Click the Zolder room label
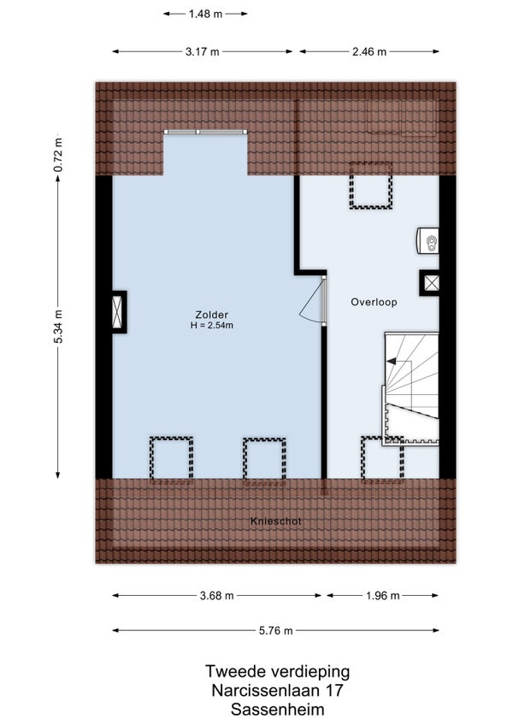point(212,315)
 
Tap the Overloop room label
point(374,302)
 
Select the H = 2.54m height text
point(212,325)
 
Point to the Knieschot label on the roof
point(275,522)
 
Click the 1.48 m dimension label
point(205,14)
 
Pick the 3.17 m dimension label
point(202,52)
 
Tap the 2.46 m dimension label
point(369,52)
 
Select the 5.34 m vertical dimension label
point(58,327)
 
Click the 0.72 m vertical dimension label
point(58,155)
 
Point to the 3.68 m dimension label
point(217,596)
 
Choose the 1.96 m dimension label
point(382,596)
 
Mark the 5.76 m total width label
point(275,631)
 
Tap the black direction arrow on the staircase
point(392,361)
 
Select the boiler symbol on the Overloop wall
point(427,240)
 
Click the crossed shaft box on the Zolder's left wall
point(119,312)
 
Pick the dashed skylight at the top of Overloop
point(370,186)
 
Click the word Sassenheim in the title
point(278,710)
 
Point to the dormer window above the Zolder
point(205,132)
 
